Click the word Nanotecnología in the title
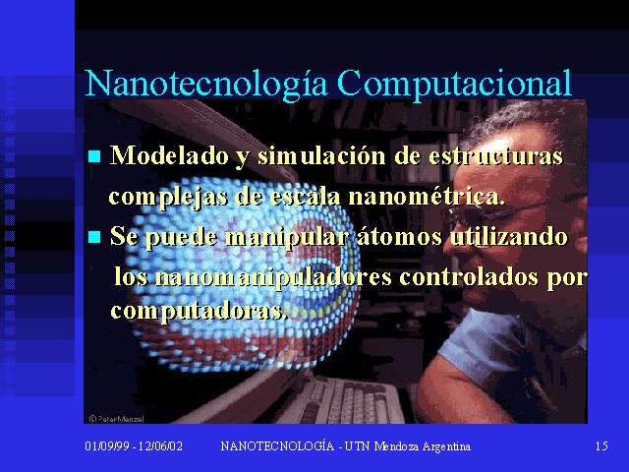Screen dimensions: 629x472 (x=206, y=86)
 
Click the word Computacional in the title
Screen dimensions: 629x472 (x=454, y=86)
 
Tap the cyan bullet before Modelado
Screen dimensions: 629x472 (x=94, y=156)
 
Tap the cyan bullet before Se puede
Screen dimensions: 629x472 (x=94, y=237)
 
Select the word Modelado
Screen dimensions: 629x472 (x=169, y=155)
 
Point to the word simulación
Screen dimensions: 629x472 (x=321, y=155)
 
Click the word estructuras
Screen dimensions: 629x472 (x=495, y=156)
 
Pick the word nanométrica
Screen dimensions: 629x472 (x=427, y=197)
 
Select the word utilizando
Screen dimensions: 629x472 (x=509, y=236)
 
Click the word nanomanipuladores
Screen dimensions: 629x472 (x=273, y=277)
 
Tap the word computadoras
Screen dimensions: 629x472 (x=199, y=311)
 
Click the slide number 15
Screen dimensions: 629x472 (x=601, y=445)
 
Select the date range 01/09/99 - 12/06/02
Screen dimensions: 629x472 (x=134, y=445)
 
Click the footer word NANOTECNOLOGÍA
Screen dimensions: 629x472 (x=277, y=445)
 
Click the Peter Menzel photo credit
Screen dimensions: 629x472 (x=116, y=419)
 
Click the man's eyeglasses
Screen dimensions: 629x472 (x=506, y=212)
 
